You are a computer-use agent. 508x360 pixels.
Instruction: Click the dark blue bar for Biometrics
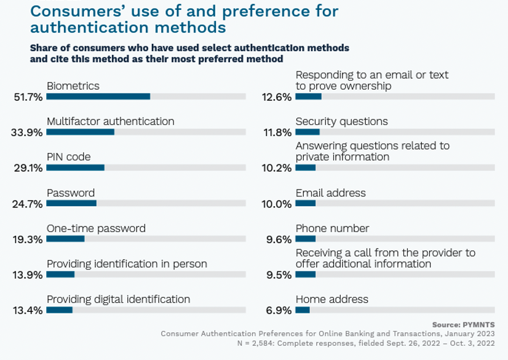98,96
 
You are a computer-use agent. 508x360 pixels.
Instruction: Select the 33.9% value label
26,132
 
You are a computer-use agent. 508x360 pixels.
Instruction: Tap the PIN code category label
69,157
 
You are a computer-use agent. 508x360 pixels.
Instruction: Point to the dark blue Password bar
71,203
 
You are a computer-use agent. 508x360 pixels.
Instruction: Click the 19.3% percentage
28,239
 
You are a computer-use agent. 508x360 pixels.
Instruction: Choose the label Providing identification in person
127,264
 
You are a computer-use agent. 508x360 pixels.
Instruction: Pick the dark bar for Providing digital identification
59,310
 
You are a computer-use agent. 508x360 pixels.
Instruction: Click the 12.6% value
277,97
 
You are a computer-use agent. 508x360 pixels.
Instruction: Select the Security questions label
342,121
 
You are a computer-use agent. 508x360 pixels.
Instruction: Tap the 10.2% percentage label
277,168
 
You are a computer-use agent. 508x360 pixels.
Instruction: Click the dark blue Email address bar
306,203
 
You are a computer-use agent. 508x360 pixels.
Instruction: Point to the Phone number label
332,228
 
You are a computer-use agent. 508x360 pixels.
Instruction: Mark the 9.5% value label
279,275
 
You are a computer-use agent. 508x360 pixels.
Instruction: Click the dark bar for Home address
303,310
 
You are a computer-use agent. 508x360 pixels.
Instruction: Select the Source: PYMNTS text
463,325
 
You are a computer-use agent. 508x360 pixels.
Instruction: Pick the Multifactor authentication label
111,121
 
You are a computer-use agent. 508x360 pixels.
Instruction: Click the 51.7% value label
28,97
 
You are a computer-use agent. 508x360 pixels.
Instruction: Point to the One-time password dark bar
65,239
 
